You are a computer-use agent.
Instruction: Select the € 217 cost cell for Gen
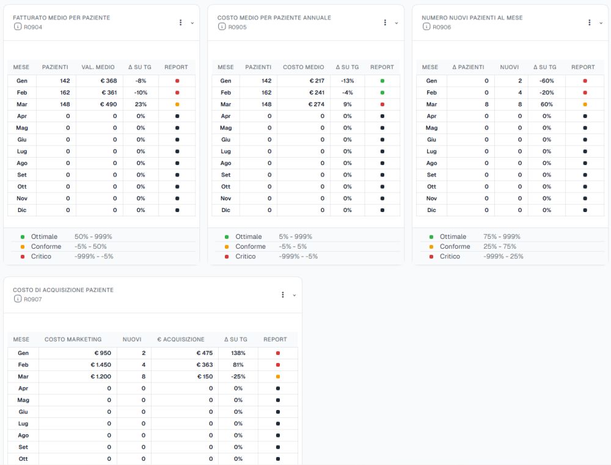316,81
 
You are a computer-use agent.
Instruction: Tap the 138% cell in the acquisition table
238,353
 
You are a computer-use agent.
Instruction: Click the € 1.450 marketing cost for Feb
101,365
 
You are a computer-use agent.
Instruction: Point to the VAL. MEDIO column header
98,67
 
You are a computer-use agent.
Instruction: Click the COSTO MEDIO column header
304,67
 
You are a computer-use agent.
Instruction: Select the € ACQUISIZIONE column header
180,340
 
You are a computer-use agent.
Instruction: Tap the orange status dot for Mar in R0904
177,104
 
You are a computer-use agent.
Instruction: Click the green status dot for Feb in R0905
382,93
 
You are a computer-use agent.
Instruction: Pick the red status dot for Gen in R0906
585,81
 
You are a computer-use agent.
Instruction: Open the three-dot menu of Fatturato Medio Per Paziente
180,23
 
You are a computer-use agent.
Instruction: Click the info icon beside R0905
222,26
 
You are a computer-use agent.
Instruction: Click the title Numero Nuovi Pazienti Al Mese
472,18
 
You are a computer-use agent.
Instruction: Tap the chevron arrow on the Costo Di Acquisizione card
295,295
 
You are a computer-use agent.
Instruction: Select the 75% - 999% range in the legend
502,236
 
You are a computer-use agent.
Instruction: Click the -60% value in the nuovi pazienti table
547,81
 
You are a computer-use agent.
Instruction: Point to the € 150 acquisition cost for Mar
205,376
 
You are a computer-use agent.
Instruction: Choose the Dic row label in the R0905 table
225,210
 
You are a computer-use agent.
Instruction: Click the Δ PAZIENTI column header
468,67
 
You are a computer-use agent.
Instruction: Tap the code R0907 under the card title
33,299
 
